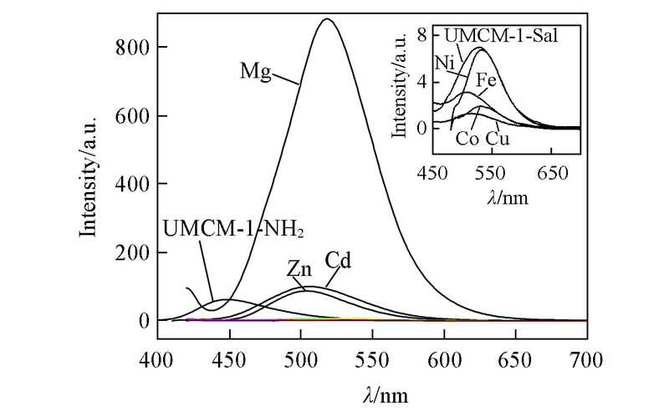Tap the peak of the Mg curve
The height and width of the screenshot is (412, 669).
(x=326, y=19)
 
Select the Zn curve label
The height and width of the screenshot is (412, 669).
(x=299, y=269)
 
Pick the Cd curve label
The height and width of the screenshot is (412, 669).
(x=338, y=261)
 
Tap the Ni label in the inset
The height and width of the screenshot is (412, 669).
(x=444, y=62)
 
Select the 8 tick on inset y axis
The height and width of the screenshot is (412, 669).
(x=422, y=36)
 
